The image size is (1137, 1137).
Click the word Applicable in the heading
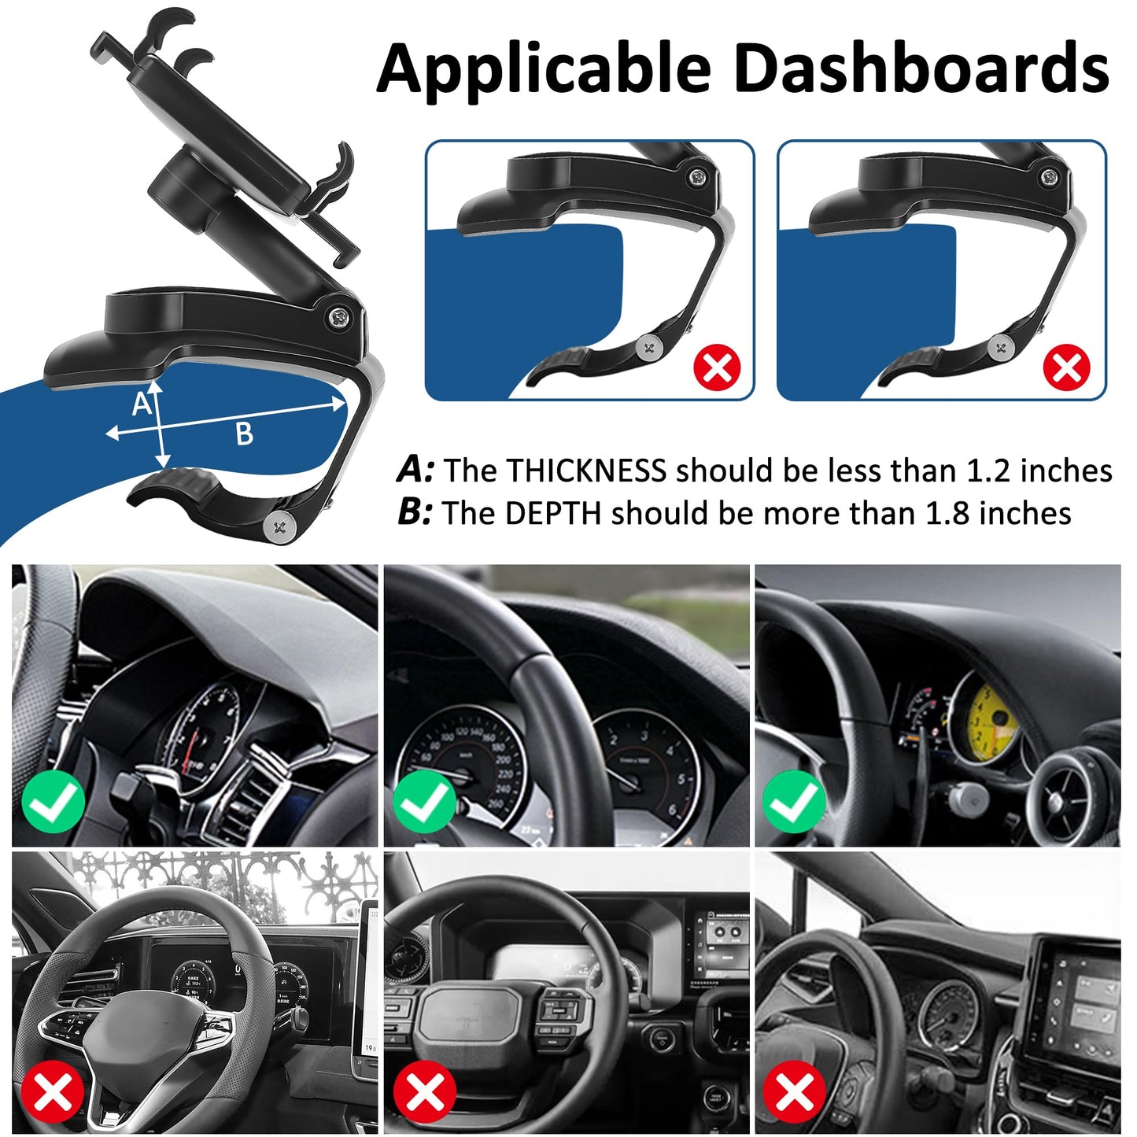[x=543, y=69]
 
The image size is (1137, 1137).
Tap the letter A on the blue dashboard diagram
[x=142, y=404]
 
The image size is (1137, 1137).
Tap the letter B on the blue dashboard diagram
[x=245, y=434]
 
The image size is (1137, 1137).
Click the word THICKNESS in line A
[x=586, y=471]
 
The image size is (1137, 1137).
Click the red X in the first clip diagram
[x=717, y=367]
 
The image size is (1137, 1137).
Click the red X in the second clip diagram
[x=1066, y=367]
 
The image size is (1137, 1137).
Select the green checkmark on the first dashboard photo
[x=53, y=803]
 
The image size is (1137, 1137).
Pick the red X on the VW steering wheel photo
[x=53, y=1092]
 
